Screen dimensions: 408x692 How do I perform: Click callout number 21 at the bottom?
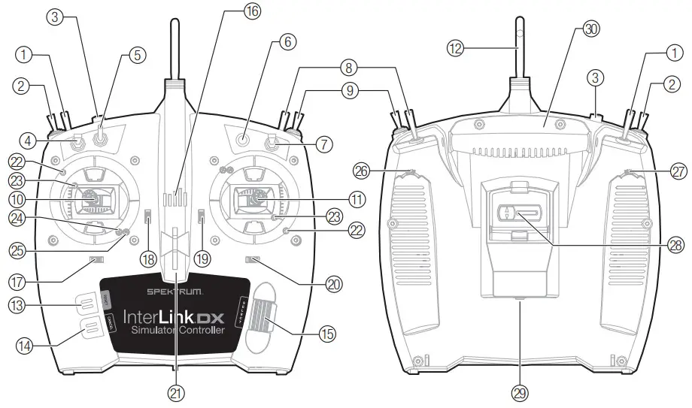click(176, 391)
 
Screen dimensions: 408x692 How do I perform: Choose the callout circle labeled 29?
click(520, 391)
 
